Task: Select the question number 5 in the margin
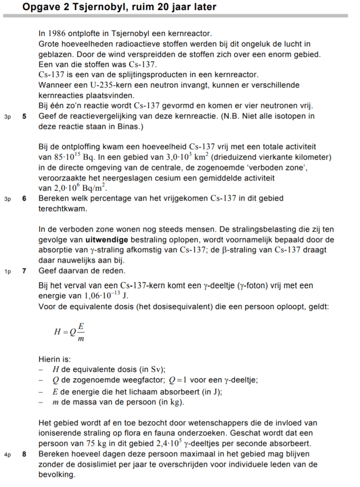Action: pos(24,117)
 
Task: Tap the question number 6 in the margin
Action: pos(24,198)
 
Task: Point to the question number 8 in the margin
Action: pos(24,454)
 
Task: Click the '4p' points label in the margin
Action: pos(7,455)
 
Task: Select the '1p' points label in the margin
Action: pos(7,271)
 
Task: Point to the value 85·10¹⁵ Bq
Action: pos(63,157)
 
